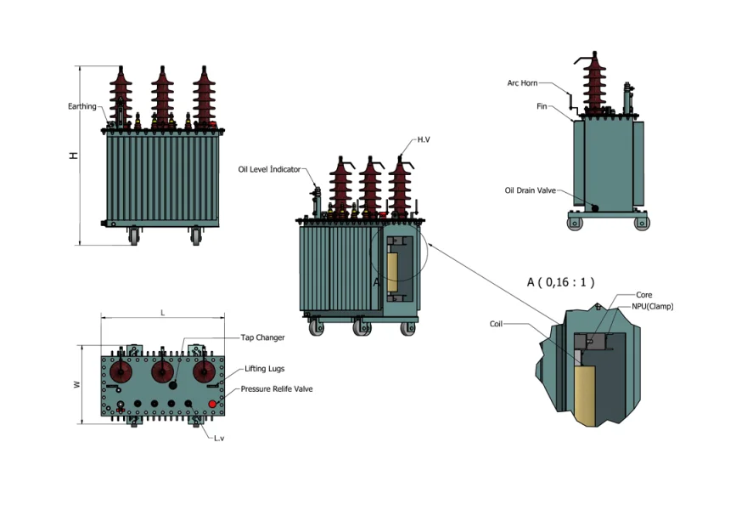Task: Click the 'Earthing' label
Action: [81, 106]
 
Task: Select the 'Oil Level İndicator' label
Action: [269, 169]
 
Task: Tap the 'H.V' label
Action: [424, 139]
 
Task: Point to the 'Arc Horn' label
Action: [522, 82]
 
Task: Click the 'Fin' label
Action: [542, 107]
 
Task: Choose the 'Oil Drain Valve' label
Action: [530, 190]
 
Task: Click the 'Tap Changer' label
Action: [262, 337]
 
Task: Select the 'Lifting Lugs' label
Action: [265, 369]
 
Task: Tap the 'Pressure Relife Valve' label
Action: [277, 388]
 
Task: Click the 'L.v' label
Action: [218, 439]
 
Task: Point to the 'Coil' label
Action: [497, 324]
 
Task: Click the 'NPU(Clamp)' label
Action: [652, 306]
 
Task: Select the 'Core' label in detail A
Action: [643, 295]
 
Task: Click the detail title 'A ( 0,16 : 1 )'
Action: [560, 281]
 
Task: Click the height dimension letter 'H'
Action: [74, 156]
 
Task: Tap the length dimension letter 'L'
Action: [163, 313]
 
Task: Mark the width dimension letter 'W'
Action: [76, 385]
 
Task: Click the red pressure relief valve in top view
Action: [213, 403]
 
